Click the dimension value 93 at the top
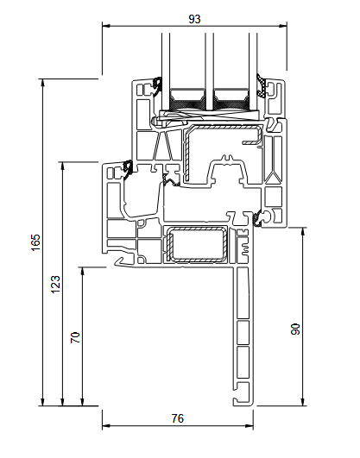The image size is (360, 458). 194,19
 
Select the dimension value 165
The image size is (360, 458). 35,242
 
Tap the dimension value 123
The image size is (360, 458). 55,285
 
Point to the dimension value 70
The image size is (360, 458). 75,337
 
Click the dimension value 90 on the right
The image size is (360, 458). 295,329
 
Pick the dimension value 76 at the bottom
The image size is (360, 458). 178,418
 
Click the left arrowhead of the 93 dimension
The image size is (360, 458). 106,26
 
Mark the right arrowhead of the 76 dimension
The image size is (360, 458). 249,425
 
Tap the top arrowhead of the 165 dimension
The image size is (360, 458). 42,83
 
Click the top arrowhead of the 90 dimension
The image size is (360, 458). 303,231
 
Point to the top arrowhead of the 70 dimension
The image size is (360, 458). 83,271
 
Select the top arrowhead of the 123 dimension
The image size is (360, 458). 62,166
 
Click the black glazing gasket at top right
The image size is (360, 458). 262,85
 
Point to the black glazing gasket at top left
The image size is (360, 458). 157,86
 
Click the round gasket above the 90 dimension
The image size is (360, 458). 257,219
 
